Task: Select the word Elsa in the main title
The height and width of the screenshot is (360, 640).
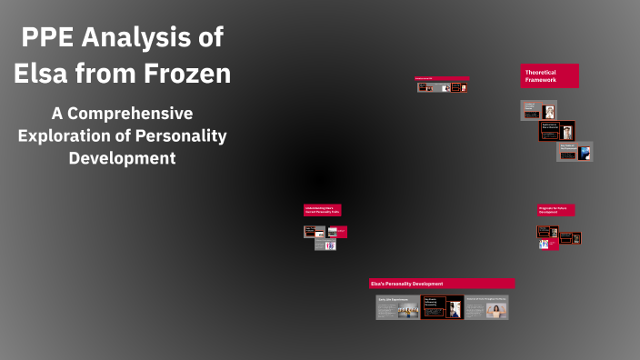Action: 44,73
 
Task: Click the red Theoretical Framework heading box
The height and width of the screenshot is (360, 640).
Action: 550,75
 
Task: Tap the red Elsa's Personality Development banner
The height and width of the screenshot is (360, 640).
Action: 442,284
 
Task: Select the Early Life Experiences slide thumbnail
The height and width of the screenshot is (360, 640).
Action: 398,307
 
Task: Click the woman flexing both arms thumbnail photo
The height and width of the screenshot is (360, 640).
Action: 495,310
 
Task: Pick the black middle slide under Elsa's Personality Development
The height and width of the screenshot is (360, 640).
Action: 443,307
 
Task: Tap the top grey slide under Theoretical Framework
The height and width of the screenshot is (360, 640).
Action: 538,110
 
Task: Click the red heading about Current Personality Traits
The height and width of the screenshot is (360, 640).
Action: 322,210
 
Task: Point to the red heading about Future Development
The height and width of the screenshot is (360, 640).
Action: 555,210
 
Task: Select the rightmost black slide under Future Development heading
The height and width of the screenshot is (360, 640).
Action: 575,238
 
